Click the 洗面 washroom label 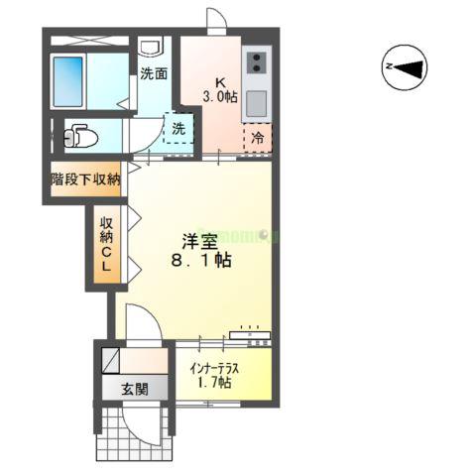(153, 72)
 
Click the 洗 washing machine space (178, 129)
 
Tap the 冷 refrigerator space (257, 139)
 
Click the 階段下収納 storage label (86, 179)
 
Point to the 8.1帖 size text (199, 263)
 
